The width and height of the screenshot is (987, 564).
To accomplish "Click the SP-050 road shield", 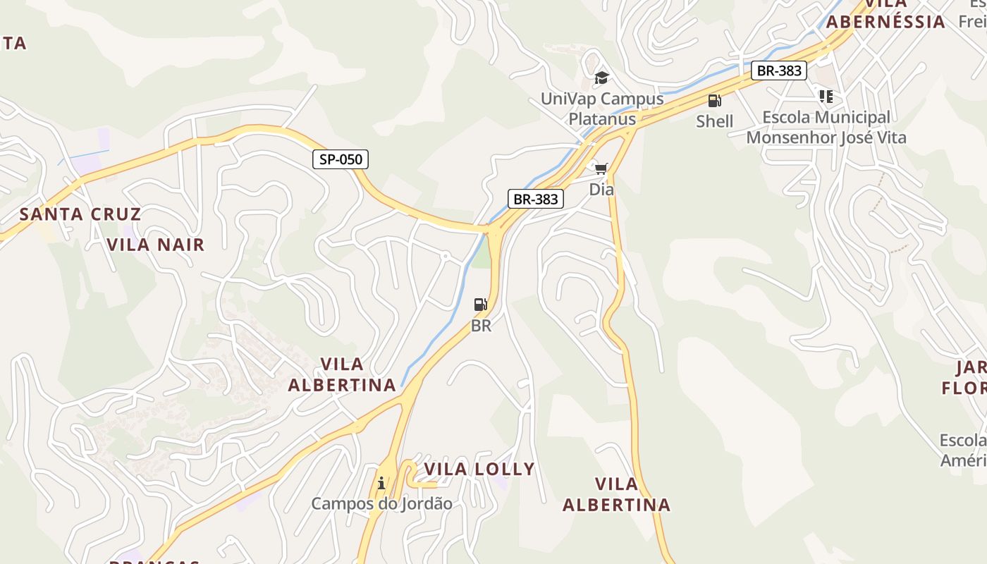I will click(341, 159).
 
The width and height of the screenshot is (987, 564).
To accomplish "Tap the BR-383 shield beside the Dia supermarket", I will click(536, 199).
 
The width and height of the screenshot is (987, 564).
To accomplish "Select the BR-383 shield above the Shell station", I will click(778, 70).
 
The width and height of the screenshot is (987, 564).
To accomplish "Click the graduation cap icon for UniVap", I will click(601, 78).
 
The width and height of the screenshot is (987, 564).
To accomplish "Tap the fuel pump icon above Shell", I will click(714, 101).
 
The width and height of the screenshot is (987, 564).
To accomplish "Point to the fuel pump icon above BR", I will click(481, 305).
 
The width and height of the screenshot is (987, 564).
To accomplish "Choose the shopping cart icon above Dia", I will click(601, 168).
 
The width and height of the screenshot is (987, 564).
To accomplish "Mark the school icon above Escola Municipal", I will click(826, 96).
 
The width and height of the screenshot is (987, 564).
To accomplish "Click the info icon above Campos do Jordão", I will click(381, 483).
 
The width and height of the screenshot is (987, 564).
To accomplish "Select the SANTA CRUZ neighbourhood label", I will click(80, 214).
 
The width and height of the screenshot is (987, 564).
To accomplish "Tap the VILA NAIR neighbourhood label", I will click(156, 245).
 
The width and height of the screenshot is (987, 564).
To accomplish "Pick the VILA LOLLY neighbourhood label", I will click(479, 470).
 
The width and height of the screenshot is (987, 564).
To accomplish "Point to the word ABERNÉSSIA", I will click(885, 22).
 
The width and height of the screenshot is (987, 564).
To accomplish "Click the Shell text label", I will click(715, 121).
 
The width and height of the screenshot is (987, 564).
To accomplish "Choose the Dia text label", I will click(601, 190).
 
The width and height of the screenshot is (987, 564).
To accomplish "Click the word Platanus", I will click(602, 119).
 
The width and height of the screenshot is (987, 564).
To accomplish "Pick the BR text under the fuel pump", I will click(481, 326).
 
